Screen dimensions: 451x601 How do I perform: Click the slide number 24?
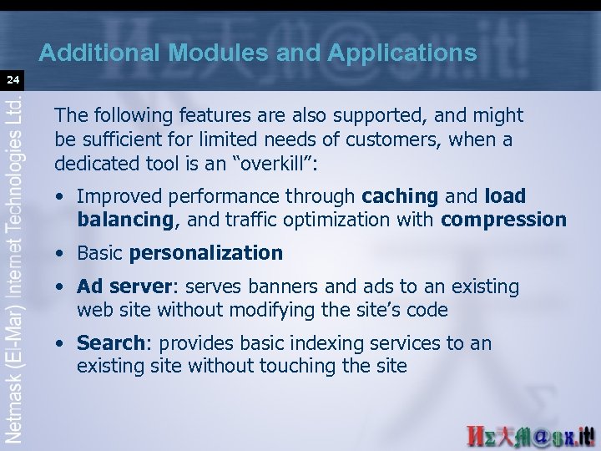click(x=13, y=81)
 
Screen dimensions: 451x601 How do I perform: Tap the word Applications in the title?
click(x=402, y=53)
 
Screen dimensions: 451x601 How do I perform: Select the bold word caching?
click(x=400, y=197)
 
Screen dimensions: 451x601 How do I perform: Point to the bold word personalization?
click(x=206, y=253)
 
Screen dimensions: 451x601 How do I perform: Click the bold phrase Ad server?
click(x=124, y=287)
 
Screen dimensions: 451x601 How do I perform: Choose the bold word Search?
click(x=110, y=343)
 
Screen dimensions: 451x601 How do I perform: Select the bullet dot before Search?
click(x=63, y=343)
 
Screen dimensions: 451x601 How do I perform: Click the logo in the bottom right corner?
click(x=531, y=435)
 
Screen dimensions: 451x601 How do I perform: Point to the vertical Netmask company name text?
click(x=14, y=267)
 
